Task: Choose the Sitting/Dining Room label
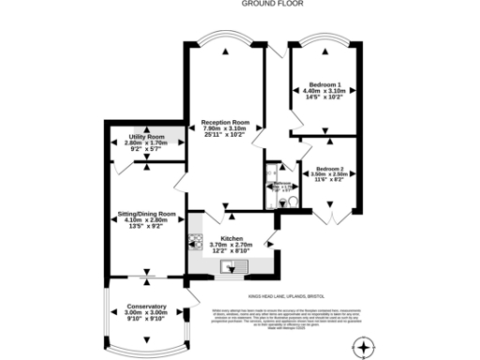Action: point(140,214)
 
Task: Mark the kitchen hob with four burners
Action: point(195,242)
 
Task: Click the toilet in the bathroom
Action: point(292,200)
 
